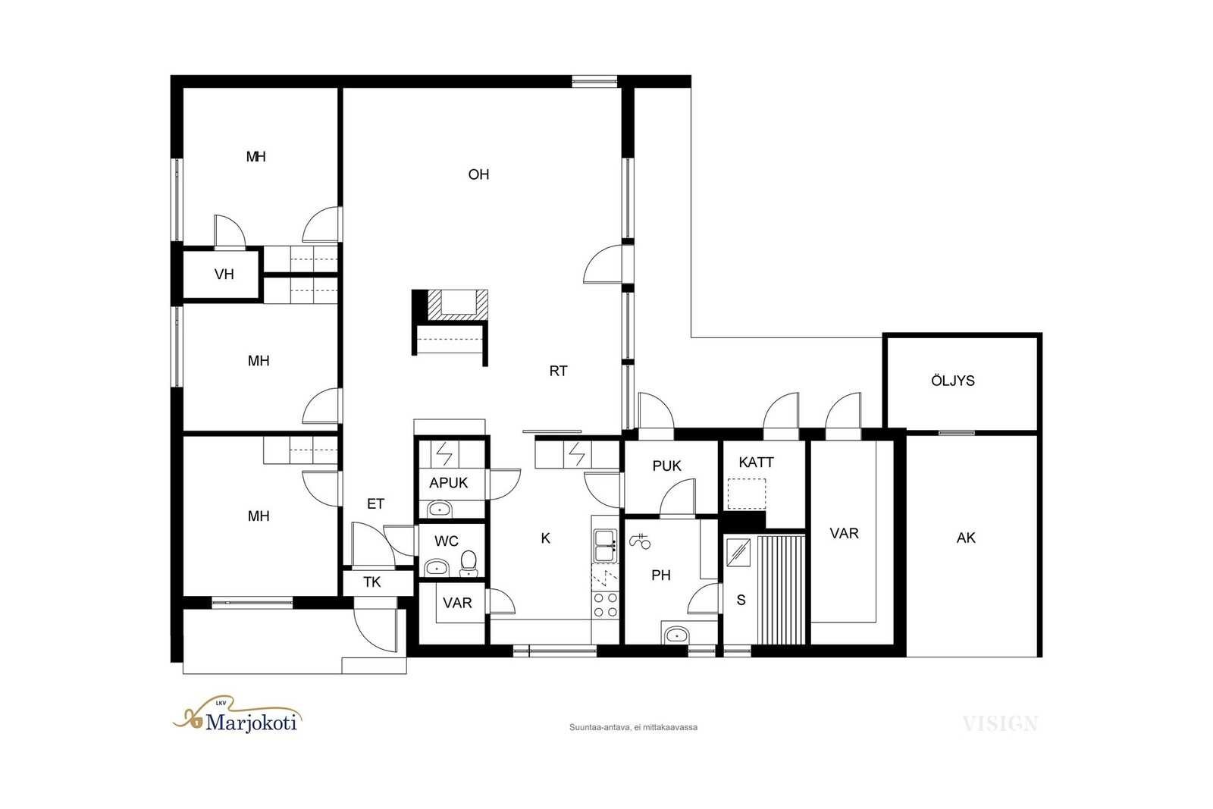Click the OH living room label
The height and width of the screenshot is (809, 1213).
pyautogui.click(x=478, y=174)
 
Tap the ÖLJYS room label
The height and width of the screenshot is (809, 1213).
pyautogui.click(x=952, y=380)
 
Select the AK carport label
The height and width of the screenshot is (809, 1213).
pyautogui.click(x=966, y=538)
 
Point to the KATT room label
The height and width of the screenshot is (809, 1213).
pyautogui.click(x=756, y=462)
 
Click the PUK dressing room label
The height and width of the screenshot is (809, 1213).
pyautogui.click(x=666, y=466)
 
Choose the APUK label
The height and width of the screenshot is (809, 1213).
pyautogui.click(x=448, y=482)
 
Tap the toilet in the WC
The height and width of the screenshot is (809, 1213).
pyautogui.click(x=469, y=563)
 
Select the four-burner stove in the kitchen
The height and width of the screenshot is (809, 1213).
pyautogui.click(x=605, y=605)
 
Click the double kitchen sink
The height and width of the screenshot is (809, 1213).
pyautogui.click(x=605, y=545)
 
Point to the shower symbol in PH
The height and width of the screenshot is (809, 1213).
pyautogui.click(x=640, y=541)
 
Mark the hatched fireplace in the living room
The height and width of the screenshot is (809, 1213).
pyautogui.click(x=458, y=305)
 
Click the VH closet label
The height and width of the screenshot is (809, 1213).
pyautogui.click(x=224, y=274)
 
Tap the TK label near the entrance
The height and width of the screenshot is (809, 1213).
pyautogui.click(x=372, y=582)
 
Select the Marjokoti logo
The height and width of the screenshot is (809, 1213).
pyautogui.click(x=237, y=715)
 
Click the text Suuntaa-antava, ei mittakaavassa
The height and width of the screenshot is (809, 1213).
pyautogui.click(x=633, y=727)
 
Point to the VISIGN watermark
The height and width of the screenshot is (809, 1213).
pyautogui.click(x=1000, y=723)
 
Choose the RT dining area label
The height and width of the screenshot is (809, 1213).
pyautogui.click(x=558, y=371)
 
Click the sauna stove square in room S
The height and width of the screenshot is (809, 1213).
pyautogui.click(x=738, y=552)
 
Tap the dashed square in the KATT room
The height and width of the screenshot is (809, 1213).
pyautogui.click(x=746, y=494)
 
